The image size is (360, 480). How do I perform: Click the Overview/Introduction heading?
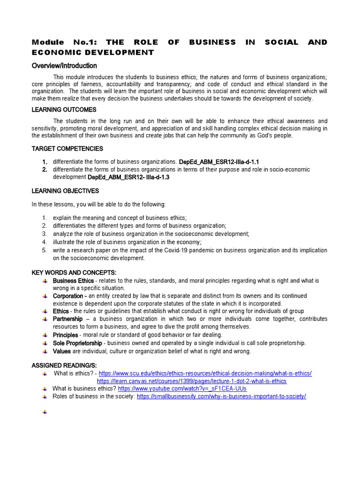[64, 66]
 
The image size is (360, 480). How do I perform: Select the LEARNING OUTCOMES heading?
[64, 110]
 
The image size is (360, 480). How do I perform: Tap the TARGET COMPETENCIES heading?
[67, 149]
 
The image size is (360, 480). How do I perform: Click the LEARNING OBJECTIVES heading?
[65, 191]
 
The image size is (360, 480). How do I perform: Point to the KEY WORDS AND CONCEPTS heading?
[74, 273]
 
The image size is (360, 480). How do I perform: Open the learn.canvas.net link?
[192, 381]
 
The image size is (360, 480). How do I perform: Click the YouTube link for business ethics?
[182, 389]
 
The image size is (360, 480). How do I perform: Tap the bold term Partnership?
[68, 319]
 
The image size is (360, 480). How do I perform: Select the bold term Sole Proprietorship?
[77, 343]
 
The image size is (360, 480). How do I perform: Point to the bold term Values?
[62, 351]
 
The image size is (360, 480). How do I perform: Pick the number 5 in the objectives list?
[44, 250]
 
